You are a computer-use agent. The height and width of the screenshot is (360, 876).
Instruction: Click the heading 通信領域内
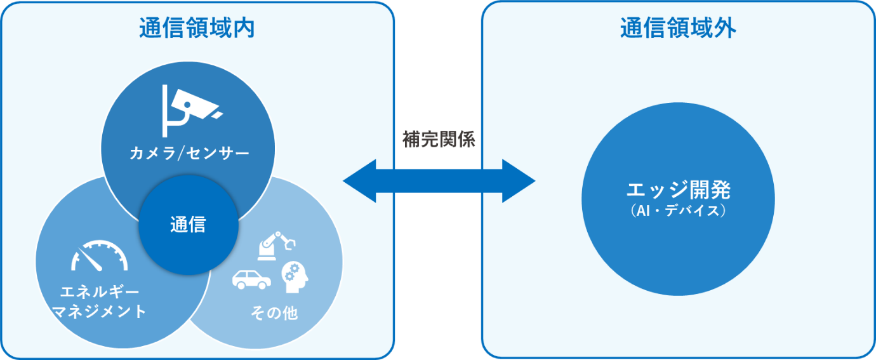pos(196,29)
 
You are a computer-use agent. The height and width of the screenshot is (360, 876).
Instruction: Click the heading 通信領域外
pos(678,29)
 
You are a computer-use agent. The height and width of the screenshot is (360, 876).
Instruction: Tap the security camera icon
pos(189,109)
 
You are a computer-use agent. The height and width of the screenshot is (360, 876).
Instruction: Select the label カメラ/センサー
pos(189,153)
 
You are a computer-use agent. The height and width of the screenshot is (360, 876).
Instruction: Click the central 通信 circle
pos(188,225)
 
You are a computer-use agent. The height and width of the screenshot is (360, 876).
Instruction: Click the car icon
pos(251,279)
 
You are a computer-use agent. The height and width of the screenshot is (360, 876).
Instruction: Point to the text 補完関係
pos(439,140)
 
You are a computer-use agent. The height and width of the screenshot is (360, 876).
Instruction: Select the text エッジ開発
pos(678,190)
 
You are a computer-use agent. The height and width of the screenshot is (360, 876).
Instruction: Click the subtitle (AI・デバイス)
pos(678,210)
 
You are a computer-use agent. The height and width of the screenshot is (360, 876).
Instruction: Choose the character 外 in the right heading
pos(724,29)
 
